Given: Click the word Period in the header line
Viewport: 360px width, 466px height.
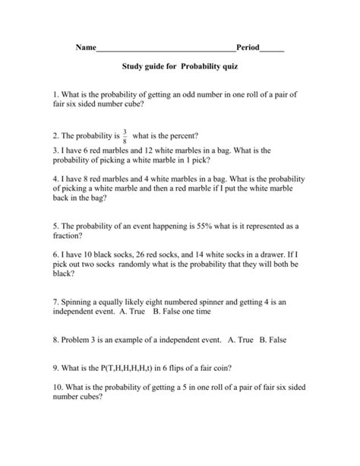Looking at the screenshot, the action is (x=248, y=48).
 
